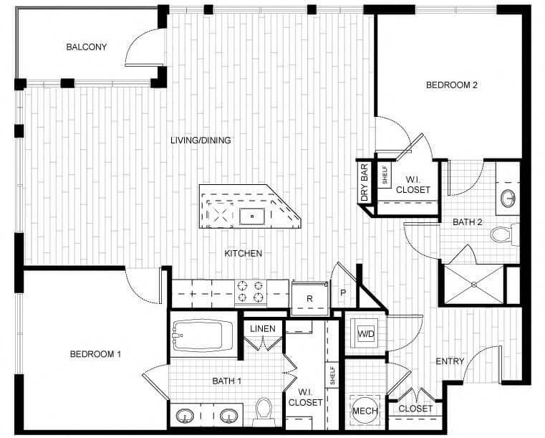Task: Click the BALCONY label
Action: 86,47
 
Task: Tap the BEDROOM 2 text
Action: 451,85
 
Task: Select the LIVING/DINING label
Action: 201,140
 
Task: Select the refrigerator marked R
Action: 309,298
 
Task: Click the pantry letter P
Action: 343,292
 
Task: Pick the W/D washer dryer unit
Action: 365,333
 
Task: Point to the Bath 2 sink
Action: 508,198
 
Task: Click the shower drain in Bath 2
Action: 474,284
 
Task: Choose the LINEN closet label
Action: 262,328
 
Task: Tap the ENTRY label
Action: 450,361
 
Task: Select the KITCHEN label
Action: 243,253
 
